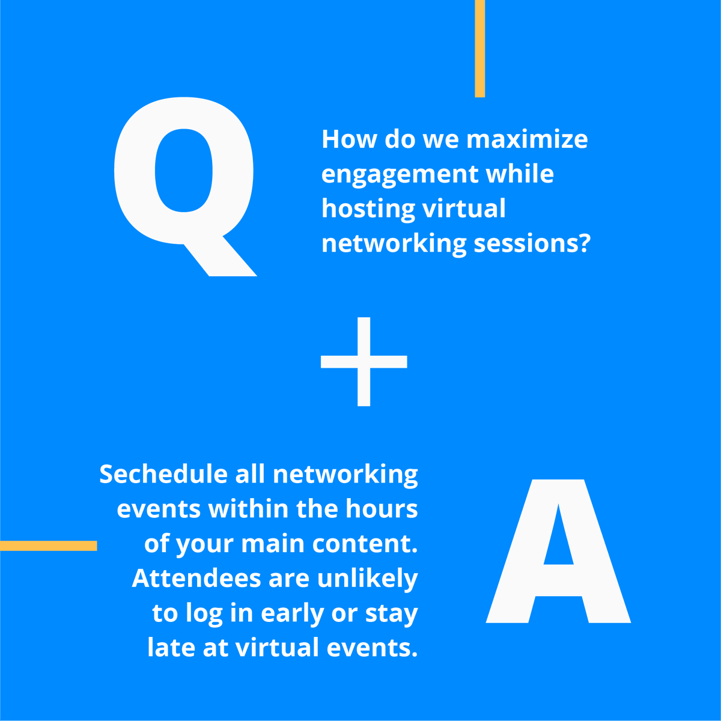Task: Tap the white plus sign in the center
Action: coord(364,361)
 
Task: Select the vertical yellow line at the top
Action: coord(479,48)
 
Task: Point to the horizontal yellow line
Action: coord(48,546)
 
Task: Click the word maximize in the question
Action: coord(527,139)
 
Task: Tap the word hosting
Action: coord(368,209)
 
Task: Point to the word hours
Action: coord(382,509)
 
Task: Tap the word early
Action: coord(293,614)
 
